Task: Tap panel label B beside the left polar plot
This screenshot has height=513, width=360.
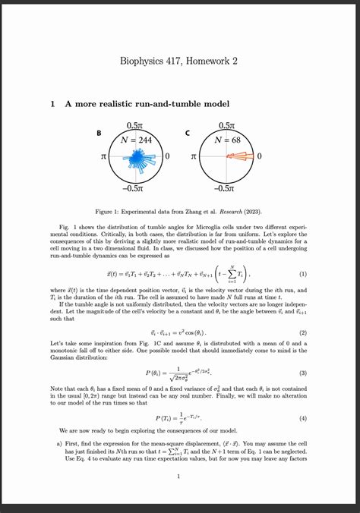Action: pyautogui.click(x=98, y=134)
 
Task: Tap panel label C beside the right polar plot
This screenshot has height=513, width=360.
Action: pyautogui.click(x=188, y=134)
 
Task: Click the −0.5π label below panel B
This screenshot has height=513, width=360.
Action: pyautogui.click(x=135, y=188)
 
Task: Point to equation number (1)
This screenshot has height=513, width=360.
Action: pyautogui.click(x=304, y=274)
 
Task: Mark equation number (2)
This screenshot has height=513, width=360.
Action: pyautogui.click(x=304, y=332)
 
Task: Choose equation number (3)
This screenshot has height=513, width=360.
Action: pyautogui.click(x=304, y=373)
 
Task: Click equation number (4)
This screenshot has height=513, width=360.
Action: pyautogui.click(x=304, y=418)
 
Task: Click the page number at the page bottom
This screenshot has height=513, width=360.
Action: pyautogui.click(x=177, y=477)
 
